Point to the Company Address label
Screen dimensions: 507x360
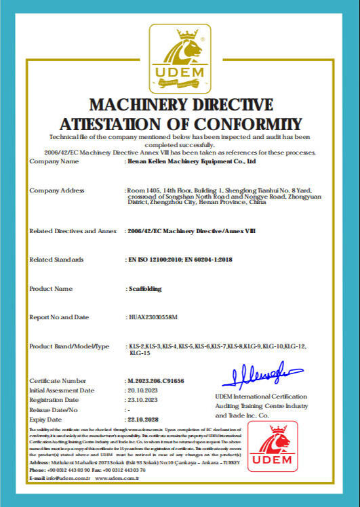pyautogui.click(x=57, y=190)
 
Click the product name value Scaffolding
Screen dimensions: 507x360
pyautogui.click(x=145, y=289)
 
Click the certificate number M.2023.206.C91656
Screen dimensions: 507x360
pyautogui.click(x=156, y=381)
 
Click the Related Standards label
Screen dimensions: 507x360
pyautogui.click(x=57, y=260)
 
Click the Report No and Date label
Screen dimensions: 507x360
pyautogui.click(x=60, y=317)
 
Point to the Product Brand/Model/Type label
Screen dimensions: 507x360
pyautogui.click(x=69, y=346)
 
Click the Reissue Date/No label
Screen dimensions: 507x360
pyautogui.click(x=54, y=410)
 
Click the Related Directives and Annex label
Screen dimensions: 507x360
pyautogui.click(x=72, y=231)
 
